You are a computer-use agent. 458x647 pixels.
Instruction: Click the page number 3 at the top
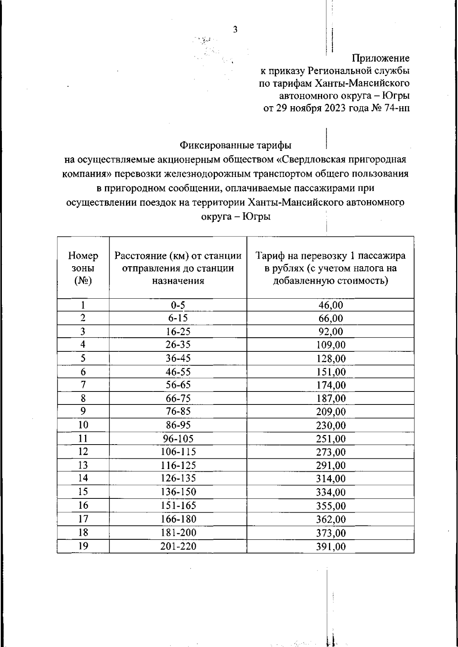[x=235, y=30]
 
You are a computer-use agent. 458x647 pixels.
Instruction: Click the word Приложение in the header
[x=381, y=58]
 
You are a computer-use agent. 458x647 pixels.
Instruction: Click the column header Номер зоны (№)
[x=83, y=268]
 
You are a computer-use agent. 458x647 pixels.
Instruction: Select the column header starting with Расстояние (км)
[x=178, y=268]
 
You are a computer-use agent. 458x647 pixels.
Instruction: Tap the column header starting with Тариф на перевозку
[x=331, y=268]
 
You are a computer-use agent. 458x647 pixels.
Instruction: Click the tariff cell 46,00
[x=331, y=305]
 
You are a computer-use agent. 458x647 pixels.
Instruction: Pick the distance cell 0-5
[x=178, y=305]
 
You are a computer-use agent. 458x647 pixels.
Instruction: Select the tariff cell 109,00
[x=331, y=345]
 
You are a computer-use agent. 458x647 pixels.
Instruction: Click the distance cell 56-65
[x=178, y=385]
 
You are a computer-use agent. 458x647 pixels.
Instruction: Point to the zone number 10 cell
[x=83, y=425]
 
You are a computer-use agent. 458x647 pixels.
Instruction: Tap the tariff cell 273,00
[x=331, y=452]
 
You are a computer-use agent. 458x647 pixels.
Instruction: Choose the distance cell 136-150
[x=178, y=492]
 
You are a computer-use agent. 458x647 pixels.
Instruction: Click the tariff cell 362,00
[x=331, y=519]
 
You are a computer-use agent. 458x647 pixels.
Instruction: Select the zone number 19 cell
[x=83, y=546]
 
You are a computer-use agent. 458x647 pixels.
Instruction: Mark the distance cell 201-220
[x=178, y=547]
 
